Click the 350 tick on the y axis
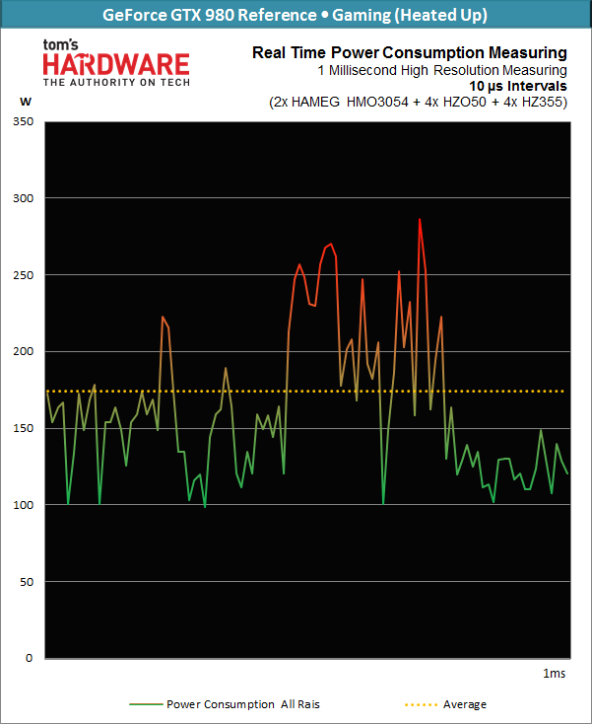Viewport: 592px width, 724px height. coord(23,121)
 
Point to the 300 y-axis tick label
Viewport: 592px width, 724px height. coord(23,198)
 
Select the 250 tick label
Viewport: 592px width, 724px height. coord(23,275)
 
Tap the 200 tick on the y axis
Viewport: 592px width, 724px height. coord(23,351)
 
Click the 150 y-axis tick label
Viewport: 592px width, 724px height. coord(23,428)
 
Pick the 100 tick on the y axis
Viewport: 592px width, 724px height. coord(23,505)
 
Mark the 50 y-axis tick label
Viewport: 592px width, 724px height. coord(26,581)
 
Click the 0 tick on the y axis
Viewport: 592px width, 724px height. coord(30,658)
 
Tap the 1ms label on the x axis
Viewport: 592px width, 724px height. coord(555,673)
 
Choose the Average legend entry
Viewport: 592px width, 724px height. coord(464,704)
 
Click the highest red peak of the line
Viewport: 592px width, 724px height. coord(420,220)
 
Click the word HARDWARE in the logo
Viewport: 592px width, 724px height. coord(116,65)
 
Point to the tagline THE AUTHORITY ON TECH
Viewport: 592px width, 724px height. coord(116,84)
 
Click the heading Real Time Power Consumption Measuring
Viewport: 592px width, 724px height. coord(410,52)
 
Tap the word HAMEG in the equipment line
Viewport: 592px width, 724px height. coord(334,102)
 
